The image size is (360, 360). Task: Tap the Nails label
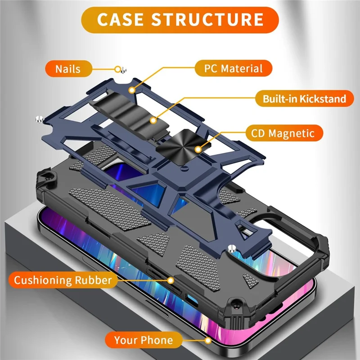[x=68, y=69]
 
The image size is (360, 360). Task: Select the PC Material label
[x=234, y=69]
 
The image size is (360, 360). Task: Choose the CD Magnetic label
[x=286, y=133]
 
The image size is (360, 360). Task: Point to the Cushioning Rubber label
[x=63, y=280]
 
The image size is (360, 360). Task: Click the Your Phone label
[x=143, y=340]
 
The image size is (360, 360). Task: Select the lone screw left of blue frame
[x=39, y=119]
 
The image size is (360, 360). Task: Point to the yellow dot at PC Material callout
[x=132, y=90]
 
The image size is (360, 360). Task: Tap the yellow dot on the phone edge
[x=207, y=340]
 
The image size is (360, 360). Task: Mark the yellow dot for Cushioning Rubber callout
[x=171, y=280]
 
